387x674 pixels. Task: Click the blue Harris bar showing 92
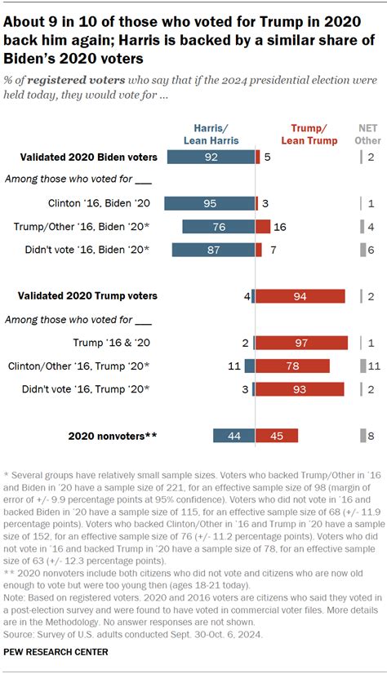pyautogui.click(x=211, y=157)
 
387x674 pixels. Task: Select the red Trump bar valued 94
pyautogui.click(x=300, y=296)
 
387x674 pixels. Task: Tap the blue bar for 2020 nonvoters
pyautogui.click(x=234, y=436)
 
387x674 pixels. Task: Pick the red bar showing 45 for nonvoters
pyautogui.click(x=276, y=436)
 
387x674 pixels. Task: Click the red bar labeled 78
pyautogui.click(x=292, y=366)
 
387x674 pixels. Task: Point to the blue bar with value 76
pyautogui.click(x=218, y=226)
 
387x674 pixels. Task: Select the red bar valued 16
pyautogui.click(x=263, y=226)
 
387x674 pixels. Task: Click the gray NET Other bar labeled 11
pyautogui.click(x=363, y=366)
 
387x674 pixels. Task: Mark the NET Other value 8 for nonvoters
pyautogui.click(x=371, y=436)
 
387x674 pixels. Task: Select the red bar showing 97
pyautogui.click(x=301, y=343)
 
